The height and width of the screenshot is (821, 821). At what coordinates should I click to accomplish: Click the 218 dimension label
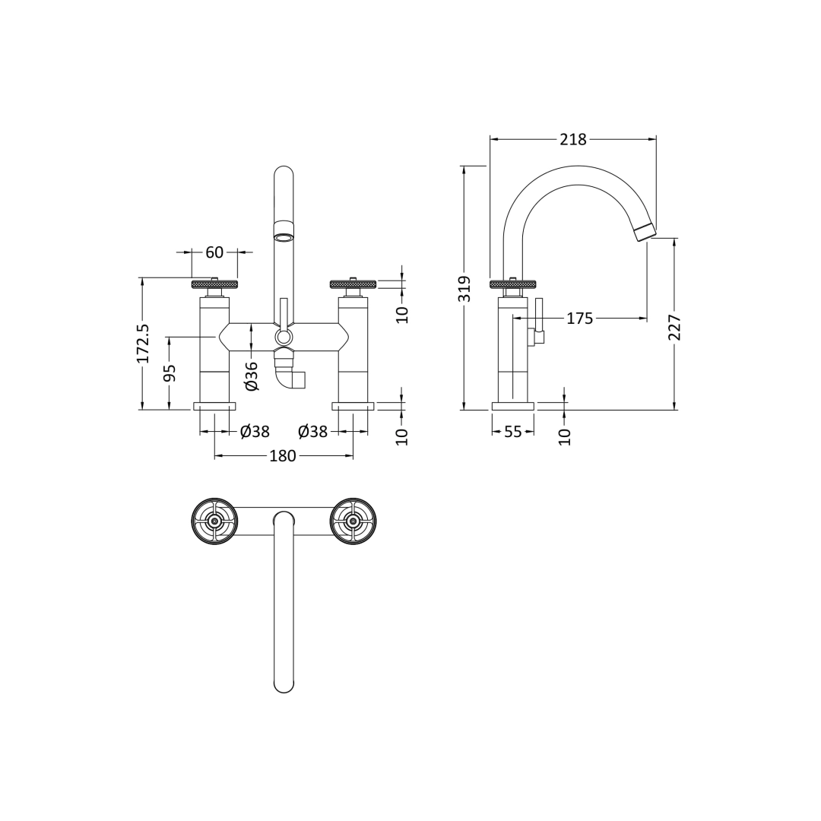tap(573, 139)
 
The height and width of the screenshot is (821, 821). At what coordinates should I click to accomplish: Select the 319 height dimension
tap(465, 289)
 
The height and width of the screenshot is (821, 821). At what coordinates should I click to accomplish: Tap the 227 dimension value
tap(674, 327)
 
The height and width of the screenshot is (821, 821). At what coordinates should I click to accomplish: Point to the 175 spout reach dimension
tap(579, 319)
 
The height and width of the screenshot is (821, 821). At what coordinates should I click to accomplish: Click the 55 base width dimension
tap(513, 432)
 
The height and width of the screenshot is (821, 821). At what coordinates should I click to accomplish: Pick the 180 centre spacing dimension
tap(283, 456)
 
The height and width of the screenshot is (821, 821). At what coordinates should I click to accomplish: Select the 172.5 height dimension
tap(143, 343)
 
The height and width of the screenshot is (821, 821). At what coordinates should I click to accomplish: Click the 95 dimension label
tap(170, 372)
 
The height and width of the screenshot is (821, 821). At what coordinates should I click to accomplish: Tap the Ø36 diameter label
tap(252, 376)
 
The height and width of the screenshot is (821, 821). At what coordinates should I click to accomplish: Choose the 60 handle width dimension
tap(214, 252)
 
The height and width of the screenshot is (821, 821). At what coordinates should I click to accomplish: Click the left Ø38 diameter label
tap(255, 432)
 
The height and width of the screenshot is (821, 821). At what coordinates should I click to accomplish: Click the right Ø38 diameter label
tap(312, 432)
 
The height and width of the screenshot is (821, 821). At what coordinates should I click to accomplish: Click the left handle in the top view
tap(214, 521)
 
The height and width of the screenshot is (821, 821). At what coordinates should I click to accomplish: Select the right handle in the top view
tap(353, 521)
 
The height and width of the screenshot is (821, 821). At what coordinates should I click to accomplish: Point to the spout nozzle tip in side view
tap(645, 233)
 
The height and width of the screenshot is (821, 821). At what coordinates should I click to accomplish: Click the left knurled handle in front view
tap(214, 284)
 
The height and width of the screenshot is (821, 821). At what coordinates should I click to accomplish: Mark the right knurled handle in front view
tap(353, 284)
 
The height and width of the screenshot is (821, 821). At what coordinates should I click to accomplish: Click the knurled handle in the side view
tap(513, 284)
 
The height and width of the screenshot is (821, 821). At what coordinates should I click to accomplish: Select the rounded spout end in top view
tap(284, 684)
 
